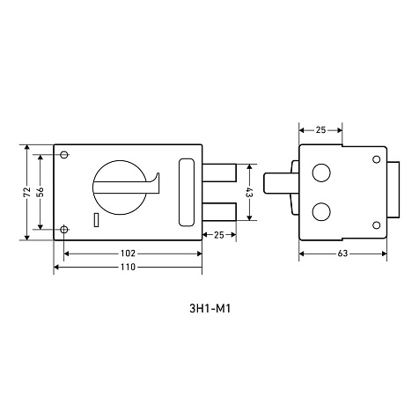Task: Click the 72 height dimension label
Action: pyautogui.click(x=27, y=192)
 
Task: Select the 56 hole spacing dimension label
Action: pyautogui.click(x=40, y=192)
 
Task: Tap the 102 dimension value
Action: pyautogui.click(x=128, y=253)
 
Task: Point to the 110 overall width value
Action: pyautogui.click(x=128, y=267)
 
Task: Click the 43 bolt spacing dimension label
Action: pyautogui.click(x=249, y=192)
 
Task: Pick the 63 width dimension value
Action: pyautogui.click(x=342, y=254)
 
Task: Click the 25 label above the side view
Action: pyautogui.click(x=320, y=129)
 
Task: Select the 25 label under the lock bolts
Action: pyautogui.click(x=219, y=235)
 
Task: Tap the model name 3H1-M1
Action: pyautogui.click(x=210, y=309)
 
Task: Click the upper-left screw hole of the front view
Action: pyautogui.click(x=64, y=154)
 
